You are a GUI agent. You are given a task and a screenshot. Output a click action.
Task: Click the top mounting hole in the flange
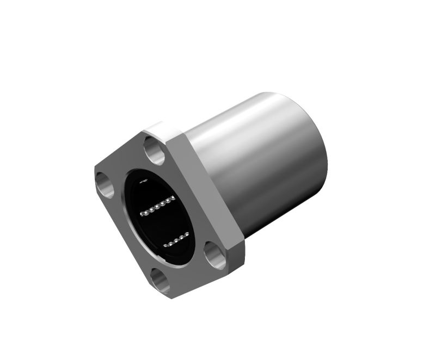pyautogui.click(x=155, y=151)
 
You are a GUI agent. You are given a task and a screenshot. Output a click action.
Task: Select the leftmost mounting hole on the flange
pyautogui.click(x=103, y=183)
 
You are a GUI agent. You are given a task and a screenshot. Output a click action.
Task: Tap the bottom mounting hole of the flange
pyautogui.click(x=160, y=280)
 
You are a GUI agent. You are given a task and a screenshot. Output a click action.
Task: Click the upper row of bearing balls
pyautogui.click(x=157, y=206)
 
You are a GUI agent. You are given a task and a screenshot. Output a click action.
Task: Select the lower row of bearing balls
pyautogui.click(x=176, y=239)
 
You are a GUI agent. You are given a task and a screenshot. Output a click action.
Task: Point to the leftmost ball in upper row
pyautogui.click(x=142, y=214)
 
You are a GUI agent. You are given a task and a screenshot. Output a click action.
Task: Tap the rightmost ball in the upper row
pyautogui.click(x=173, y=198)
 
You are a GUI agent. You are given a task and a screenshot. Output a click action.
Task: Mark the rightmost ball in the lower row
pyautogui.click(x=187, y=234)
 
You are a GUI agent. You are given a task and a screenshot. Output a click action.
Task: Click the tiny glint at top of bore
pyautogui.click(x=144, y=180)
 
